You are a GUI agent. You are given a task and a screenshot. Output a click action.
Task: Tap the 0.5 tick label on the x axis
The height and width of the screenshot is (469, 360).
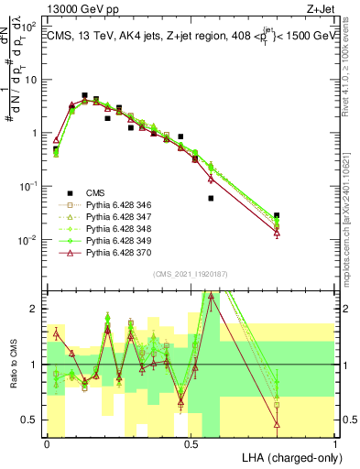pos(191,443)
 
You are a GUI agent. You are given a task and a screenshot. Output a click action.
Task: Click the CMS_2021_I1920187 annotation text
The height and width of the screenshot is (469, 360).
pos(190,274)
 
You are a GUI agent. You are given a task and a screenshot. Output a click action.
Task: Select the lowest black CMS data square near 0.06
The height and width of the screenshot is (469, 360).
pos(212,198)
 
